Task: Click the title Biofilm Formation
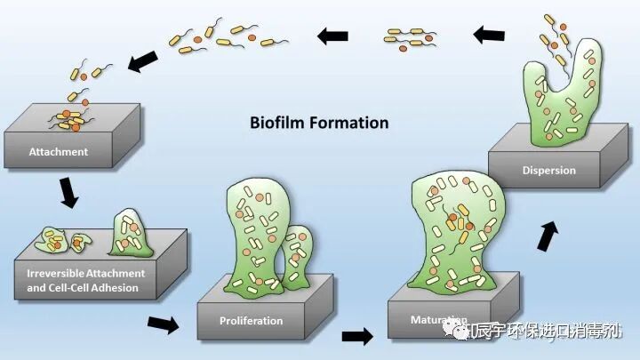318,124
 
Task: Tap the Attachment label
59,151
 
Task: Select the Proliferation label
252,320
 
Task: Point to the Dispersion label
549,170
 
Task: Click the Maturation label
439,318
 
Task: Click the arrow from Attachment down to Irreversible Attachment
68,190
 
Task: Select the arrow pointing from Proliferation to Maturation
357,337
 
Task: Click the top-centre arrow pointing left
334,36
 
